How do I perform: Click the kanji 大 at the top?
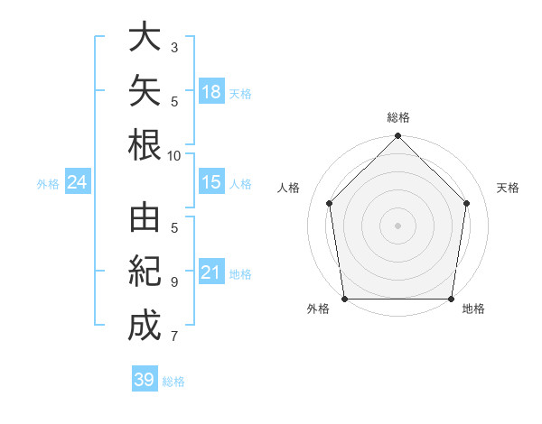(145, 36)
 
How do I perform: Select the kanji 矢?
(145, 90)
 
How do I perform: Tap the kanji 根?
(145, 144)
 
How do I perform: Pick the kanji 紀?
(145, 271)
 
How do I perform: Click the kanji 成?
(145, 325)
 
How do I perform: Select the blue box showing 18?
(211, 91)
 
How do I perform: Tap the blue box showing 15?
(211, 181)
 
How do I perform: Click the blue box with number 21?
(211, 271)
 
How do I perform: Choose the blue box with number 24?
(78, 181)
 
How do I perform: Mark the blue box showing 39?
(145, 378)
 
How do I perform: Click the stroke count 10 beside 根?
(173, 156)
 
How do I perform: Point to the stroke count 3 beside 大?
(174, 48)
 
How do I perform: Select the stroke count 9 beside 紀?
(174, 282)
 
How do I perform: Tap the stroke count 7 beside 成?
(174, 336)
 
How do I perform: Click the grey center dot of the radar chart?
(397, 226)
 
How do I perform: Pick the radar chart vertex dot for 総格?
(397, 135)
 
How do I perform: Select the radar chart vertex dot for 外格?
(345, 299)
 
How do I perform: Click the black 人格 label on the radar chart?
(288, 188)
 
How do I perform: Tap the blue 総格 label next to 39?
(173, 382)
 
